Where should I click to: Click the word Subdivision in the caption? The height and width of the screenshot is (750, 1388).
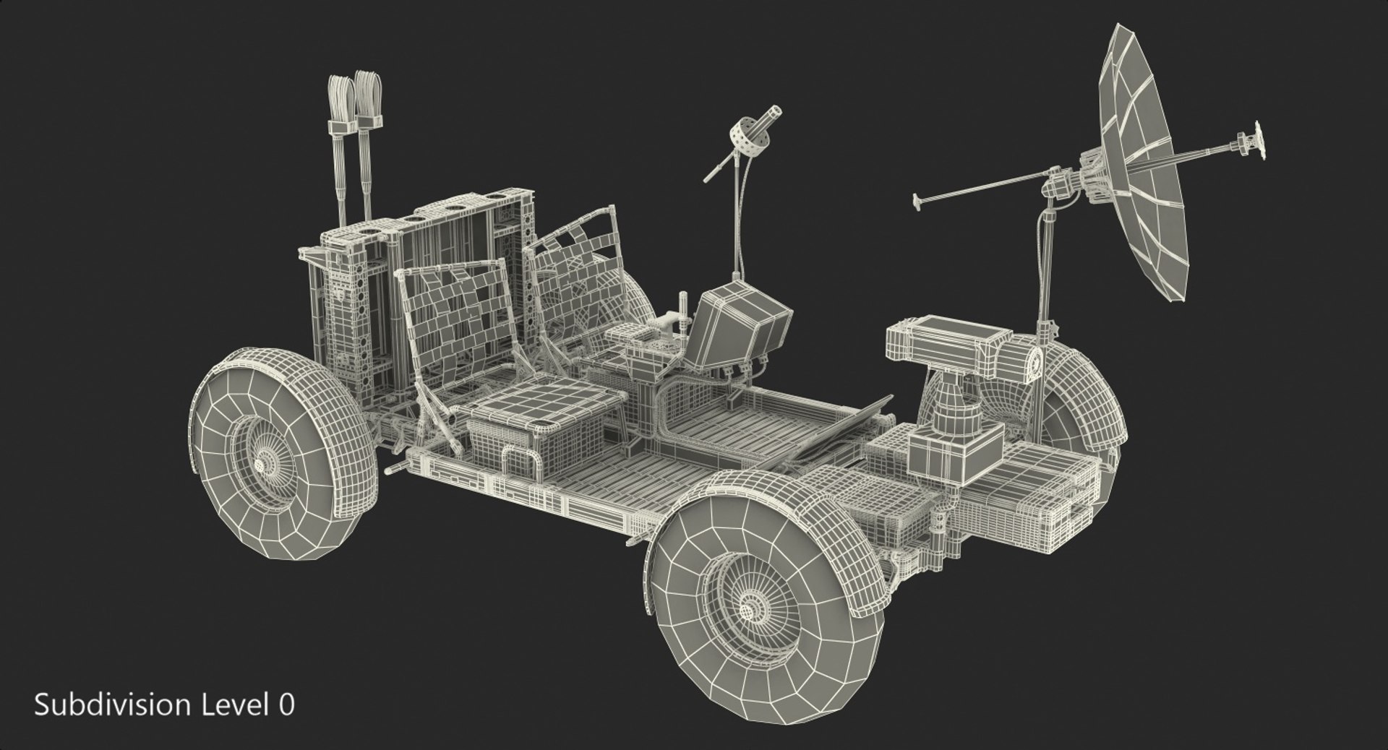coord(100,705)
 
